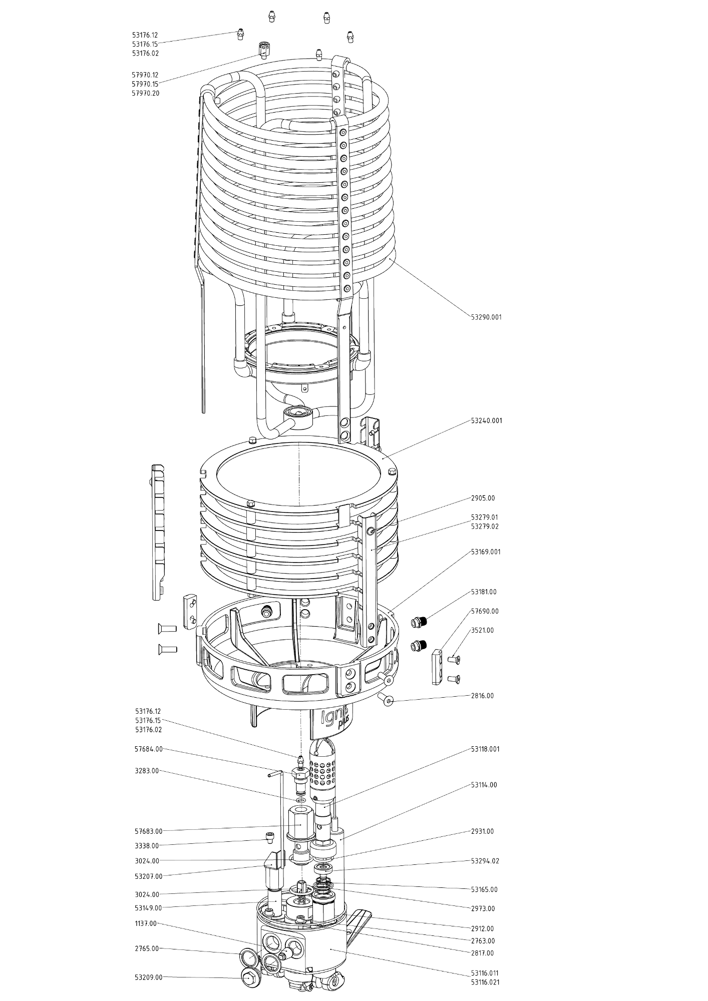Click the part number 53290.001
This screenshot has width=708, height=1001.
point(486,317)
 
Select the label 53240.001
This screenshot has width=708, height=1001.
point(486,420)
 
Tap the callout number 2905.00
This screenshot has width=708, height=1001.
point(483,498)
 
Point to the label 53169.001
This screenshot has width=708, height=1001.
point(486,552)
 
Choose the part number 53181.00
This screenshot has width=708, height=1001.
point(484,592)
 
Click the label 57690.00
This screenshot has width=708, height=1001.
point(485,611)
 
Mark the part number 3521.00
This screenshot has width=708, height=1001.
point(482,630)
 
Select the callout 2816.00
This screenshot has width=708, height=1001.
point(482,696)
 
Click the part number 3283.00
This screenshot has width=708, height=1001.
point(147,771)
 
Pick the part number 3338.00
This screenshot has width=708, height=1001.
point(147,845)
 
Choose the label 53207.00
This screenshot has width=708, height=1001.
point(149,876)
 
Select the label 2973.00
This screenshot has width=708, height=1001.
point(483,908)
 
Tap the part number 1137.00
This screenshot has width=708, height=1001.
point(146,923)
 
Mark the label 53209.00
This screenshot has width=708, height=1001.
point(149,977)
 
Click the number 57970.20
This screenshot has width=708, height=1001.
point(146,93)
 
